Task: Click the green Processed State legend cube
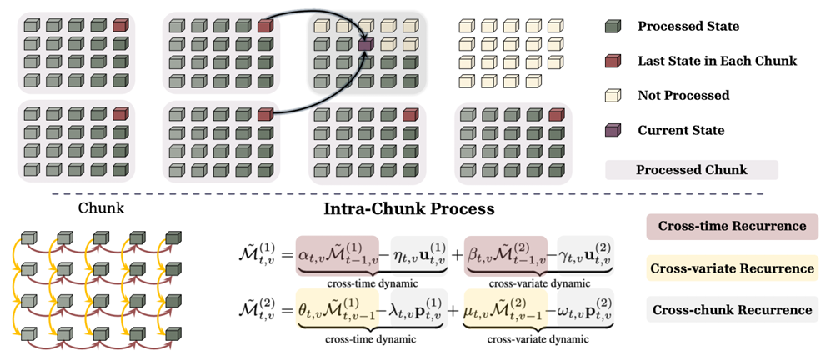click(613, 27)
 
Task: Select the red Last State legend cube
click(613, 61)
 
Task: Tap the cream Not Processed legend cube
click(613, 96)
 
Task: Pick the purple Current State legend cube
click(613, 130)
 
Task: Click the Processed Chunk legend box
click(692, 170)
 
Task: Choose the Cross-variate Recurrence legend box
click(732, 268)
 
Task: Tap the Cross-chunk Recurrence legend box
click(732, 310)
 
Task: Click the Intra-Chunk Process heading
click(409, 208)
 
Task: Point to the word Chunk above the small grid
click(101, 208)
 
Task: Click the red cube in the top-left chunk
click(120, 24)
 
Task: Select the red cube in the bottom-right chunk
click(555, 114)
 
